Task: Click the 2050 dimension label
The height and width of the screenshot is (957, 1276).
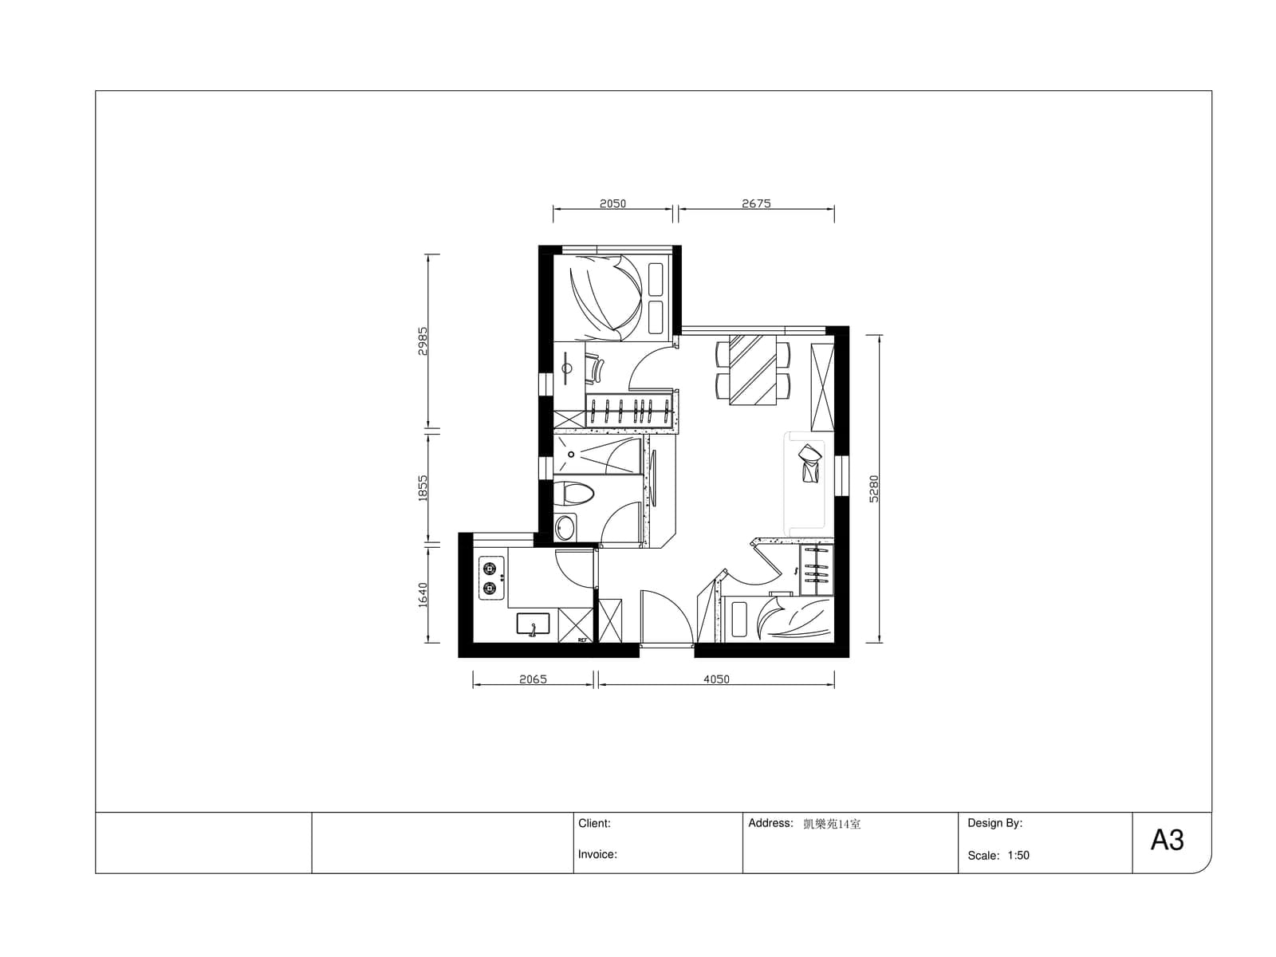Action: tap(612, 203)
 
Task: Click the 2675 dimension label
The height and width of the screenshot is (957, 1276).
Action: tap(756, 203)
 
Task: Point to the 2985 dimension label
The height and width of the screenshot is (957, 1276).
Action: tap(423, 341)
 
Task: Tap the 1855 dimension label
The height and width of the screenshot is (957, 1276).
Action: tap(423, 488)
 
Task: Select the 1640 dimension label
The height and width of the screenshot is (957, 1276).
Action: tap(423, 595)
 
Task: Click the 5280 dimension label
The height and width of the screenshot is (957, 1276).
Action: tap(874, 489)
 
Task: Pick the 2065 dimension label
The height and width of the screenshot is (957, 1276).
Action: tap(533, 679)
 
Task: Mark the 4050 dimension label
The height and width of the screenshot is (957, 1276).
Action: tap(715, 679)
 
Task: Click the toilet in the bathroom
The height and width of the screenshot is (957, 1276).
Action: tap(573, 494)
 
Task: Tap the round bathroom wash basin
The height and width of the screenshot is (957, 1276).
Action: tap(565, 528)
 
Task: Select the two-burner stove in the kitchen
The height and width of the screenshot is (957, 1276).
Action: tap(491, 577)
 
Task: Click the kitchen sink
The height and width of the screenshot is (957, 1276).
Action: tap(533, 624)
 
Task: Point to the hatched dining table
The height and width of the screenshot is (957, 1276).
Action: tap(753, 369)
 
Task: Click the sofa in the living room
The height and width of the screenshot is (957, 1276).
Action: tap(804, 483)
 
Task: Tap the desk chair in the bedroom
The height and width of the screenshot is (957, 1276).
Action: tap(595, 369)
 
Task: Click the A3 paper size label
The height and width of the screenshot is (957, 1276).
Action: tap(1167, 840)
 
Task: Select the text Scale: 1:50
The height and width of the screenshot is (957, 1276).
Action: tap(998, 855)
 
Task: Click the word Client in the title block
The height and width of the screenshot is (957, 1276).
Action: tap(594, 823)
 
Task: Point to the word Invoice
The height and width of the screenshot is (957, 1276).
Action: tap(597, 854)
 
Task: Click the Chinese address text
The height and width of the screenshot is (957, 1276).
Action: tap(831, 824)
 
